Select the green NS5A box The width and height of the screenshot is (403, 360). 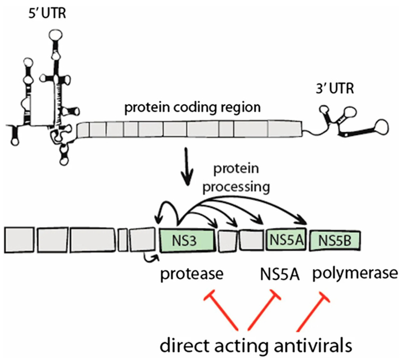286,238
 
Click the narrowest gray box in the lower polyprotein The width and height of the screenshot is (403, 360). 122,239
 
